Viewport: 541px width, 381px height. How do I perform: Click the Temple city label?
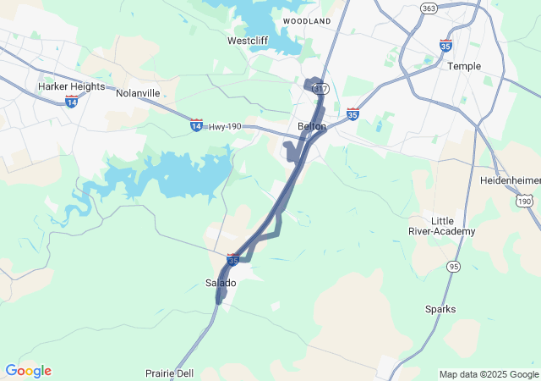(x=464, y=66)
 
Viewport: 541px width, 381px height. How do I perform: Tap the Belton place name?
(x=312, y=126)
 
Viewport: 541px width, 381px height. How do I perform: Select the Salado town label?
(x=221, y=283)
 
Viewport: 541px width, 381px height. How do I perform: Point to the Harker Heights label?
(x=71, y=86)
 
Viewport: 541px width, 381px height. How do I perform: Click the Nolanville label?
(x=138, y=92)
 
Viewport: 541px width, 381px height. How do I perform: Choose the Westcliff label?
(x=248, y=41)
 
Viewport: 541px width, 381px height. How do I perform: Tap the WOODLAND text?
(x=307, y=20)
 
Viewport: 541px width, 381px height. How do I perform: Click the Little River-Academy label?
(x=453, y=226)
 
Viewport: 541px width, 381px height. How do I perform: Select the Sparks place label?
(x=440, y=309)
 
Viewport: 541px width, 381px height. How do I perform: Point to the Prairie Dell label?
(x=168, y=373)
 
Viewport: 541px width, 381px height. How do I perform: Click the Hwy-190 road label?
(x=225, y=126)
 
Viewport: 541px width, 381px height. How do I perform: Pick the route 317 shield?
(x=319, y=88)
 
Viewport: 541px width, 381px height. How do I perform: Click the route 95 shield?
(x=454, y=267)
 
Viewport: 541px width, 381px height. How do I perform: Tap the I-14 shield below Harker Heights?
(x=71, y=102)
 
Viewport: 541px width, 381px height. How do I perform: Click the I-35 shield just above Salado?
(x=233, y=259)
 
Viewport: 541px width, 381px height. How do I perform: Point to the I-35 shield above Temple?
(x=445, y=46)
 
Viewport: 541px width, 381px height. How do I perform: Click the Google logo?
(x=28, y=371)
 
